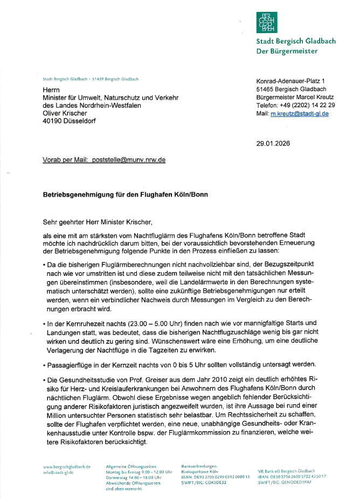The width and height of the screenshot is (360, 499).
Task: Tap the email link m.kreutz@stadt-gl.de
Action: coord(300,114)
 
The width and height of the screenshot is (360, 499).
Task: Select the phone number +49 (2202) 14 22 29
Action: coord(308,106)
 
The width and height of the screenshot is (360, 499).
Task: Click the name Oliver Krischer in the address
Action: coord(64,113)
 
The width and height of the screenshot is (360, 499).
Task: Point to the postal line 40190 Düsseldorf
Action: coord(70,121)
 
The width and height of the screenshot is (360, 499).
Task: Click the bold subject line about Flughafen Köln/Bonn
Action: coord(125,194)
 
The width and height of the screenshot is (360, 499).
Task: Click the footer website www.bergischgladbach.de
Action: coord(67,467)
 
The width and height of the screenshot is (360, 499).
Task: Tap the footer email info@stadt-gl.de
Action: coord(58,472)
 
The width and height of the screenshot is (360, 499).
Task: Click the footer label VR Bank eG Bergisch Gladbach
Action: coord(286,471)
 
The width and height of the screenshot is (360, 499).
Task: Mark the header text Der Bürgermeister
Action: coord(287,51)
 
